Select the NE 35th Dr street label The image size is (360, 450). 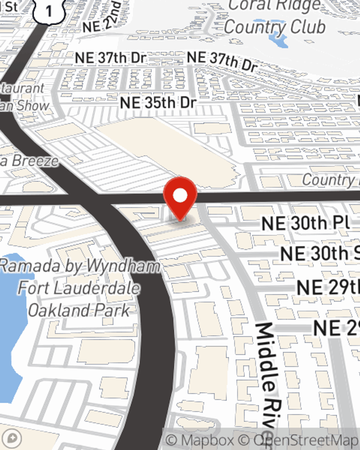click(x=158, y=103)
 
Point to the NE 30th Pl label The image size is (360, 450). click(x=306, y=224)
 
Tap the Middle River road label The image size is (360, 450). click(x=269, y=374)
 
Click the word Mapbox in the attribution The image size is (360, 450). click(x=207, y=440)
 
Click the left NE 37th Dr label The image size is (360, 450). click(x=111, y=58)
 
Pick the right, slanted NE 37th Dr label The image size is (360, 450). click(x=222, y=61)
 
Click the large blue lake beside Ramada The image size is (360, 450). click(x=13, y=324)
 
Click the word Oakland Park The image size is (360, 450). click(x=79, y=310)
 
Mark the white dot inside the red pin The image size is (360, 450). click(x=180, y=195)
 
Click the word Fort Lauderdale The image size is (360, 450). click(x=79, y=288)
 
